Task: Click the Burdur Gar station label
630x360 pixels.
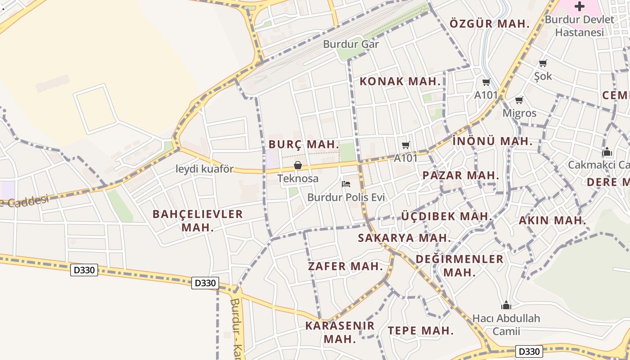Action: pos(351,44)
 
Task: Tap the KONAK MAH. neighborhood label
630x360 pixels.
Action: pos(400,81)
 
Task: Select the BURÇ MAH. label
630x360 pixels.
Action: pos(304,144)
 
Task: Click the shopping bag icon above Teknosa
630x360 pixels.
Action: pos(297,165)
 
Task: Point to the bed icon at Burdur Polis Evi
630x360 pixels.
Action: pos(346,184)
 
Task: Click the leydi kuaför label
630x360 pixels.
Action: pos(205,169)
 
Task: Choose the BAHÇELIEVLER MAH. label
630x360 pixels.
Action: pos(198,220)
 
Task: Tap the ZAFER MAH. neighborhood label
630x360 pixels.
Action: pos(345,266)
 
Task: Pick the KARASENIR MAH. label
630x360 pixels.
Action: pos(340,332)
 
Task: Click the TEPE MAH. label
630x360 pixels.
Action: pos(421,330)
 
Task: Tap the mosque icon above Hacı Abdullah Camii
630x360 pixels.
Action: pos(506,306)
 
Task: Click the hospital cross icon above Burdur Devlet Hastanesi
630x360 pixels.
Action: pos(580,6)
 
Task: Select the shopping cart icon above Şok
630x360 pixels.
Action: pos(543,63)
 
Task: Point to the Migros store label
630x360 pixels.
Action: pos(519,113)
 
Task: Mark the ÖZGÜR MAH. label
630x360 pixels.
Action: pos(490,24)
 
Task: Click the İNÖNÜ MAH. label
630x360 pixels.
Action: pos(492,141)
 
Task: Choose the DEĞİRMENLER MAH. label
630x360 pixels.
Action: pos(459,265)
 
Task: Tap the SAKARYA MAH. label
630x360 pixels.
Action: pos(404,238)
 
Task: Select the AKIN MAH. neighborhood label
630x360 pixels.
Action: pos(553,220)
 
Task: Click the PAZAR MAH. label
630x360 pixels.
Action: pos(461,175)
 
